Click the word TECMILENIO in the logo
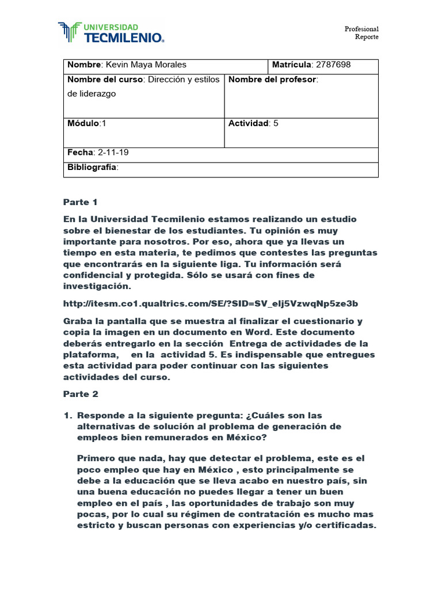[x=124, y=38]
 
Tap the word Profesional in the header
[x=361, y=29]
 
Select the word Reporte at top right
[x=367, y=37]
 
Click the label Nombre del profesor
[x=272, y=80]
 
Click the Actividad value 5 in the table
[x=276, y=123]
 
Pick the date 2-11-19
[x=114, y=153]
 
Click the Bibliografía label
[x=92, y=167]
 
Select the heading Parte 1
[x=80, y=202]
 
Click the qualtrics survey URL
[x=211, y=303]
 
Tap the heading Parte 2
[x=80, y=394]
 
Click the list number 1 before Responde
[x=67, y=415]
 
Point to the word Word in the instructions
[x=277, y=332]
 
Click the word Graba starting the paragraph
[x=77, y=322]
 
